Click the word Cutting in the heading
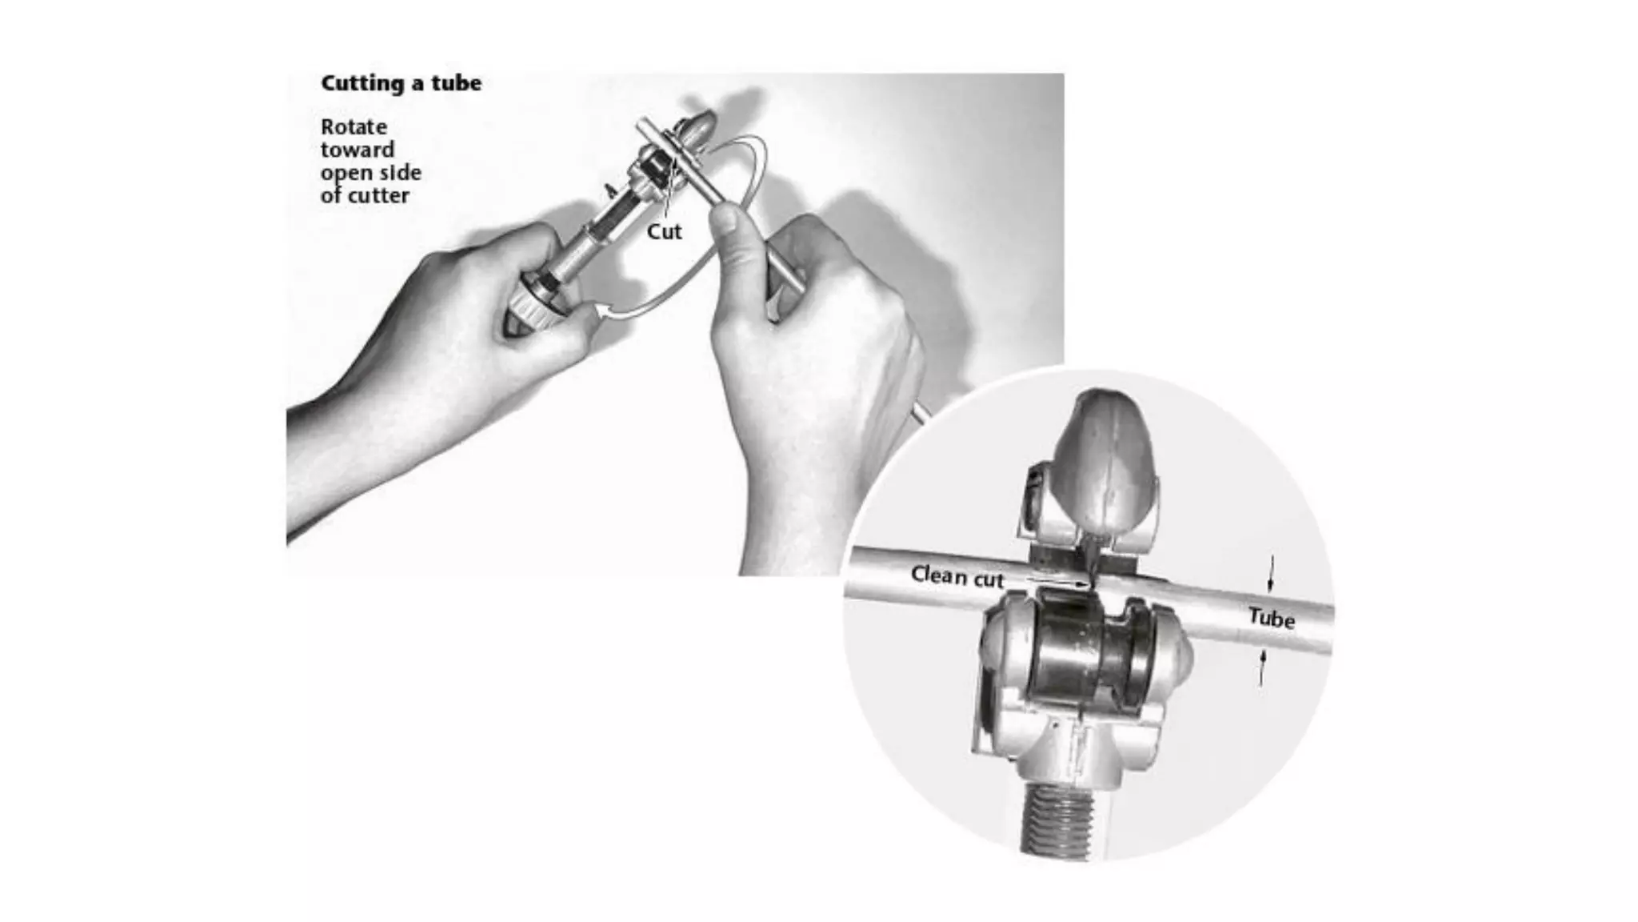(357, 83)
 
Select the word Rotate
(354, 127)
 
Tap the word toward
(357, 150)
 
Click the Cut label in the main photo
(664, 231)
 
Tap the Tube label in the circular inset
(1271, 618)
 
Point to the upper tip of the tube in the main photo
(641, 125)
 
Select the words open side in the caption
(370, 173)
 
